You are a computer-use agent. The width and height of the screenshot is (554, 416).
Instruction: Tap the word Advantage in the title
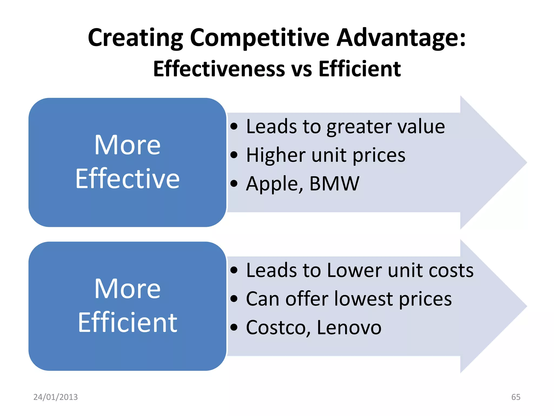[x=401, y=38]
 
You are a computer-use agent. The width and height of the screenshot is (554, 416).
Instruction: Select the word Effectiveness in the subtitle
[x=219, y=69]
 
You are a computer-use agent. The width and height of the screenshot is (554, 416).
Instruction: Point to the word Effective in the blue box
[x=127, y=179]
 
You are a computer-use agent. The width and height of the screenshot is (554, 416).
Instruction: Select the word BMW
[x=334, y=184]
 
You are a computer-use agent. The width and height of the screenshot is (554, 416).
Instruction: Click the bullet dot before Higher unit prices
[x=234, y=155]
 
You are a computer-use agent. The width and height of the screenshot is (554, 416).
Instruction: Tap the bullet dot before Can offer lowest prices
[x=234, y=299]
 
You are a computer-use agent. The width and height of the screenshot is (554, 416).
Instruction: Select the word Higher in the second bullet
[x=276, y=155]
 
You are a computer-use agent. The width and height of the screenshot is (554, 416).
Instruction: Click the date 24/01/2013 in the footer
[x=55, y=397]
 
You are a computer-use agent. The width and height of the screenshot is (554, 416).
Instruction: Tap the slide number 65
[x=516, y=397]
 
